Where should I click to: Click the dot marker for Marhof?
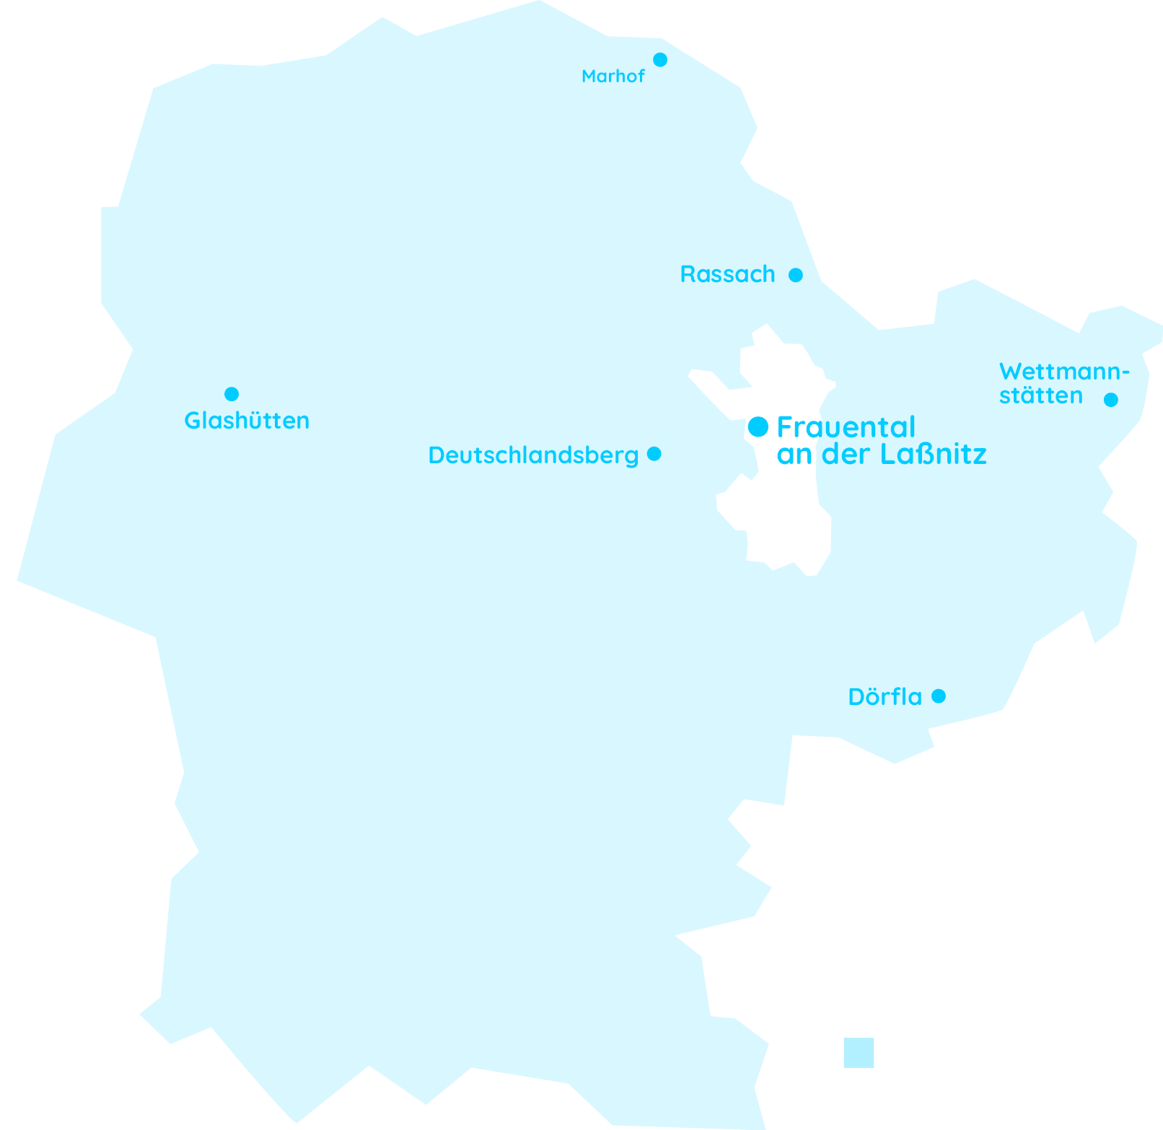(x=660, y=60)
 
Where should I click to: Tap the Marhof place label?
(x=613, y=76)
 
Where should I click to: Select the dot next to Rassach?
(x=796, y=275)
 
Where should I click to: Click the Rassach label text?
(x=727, y=275)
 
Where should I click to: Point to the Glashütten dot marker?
(x=232, y=394)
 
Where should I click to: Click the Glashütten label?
(x=247, y=421)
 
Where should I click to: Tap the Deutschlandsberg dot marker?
(x=654, y=454)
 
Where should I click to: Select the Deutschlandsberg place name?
(x=533, y=455)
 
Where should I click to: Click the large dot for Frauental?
(x=758, y=426)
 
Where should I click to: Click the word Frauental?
(x=846, y=427)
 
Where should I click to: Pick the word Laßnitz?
(x=934, y=455)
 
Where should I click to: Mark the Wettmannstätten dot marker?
(x=1111, y=400)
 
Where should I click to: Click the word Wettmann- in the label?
(x=1064, y=372)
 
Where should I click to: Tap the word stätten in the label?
(x=1040, y=396)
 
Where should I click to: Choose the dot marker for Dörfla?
(x=939, y=696)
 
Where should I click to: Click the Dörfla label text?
(x=885, y=697)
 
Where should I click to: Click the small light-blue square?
(x=859, y=1053)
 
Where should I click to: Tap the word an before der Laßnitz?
(x=794, y=455)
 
